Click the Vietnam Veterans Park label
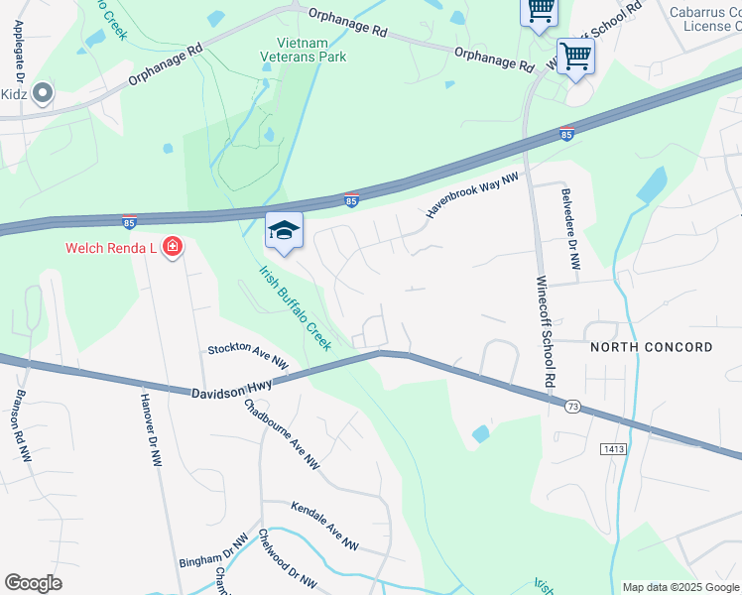tap(309, 50)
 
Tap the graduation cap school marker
tap(284, 232)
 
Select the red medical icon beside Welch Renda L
tap(172, 246)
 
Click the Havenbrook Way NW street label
tap(473, 193)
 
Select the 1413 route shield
tap(614, 449)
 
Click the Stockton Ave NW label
tap(247, 357)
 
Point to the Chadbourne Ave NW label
tap(282, 433)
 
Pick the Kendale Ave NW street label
tap(324, 526)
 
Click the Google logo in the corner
tap(33, 583)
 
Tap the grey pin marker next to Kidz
tap(42, 94)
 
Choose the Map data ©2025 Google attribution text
tap(680, 587)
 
